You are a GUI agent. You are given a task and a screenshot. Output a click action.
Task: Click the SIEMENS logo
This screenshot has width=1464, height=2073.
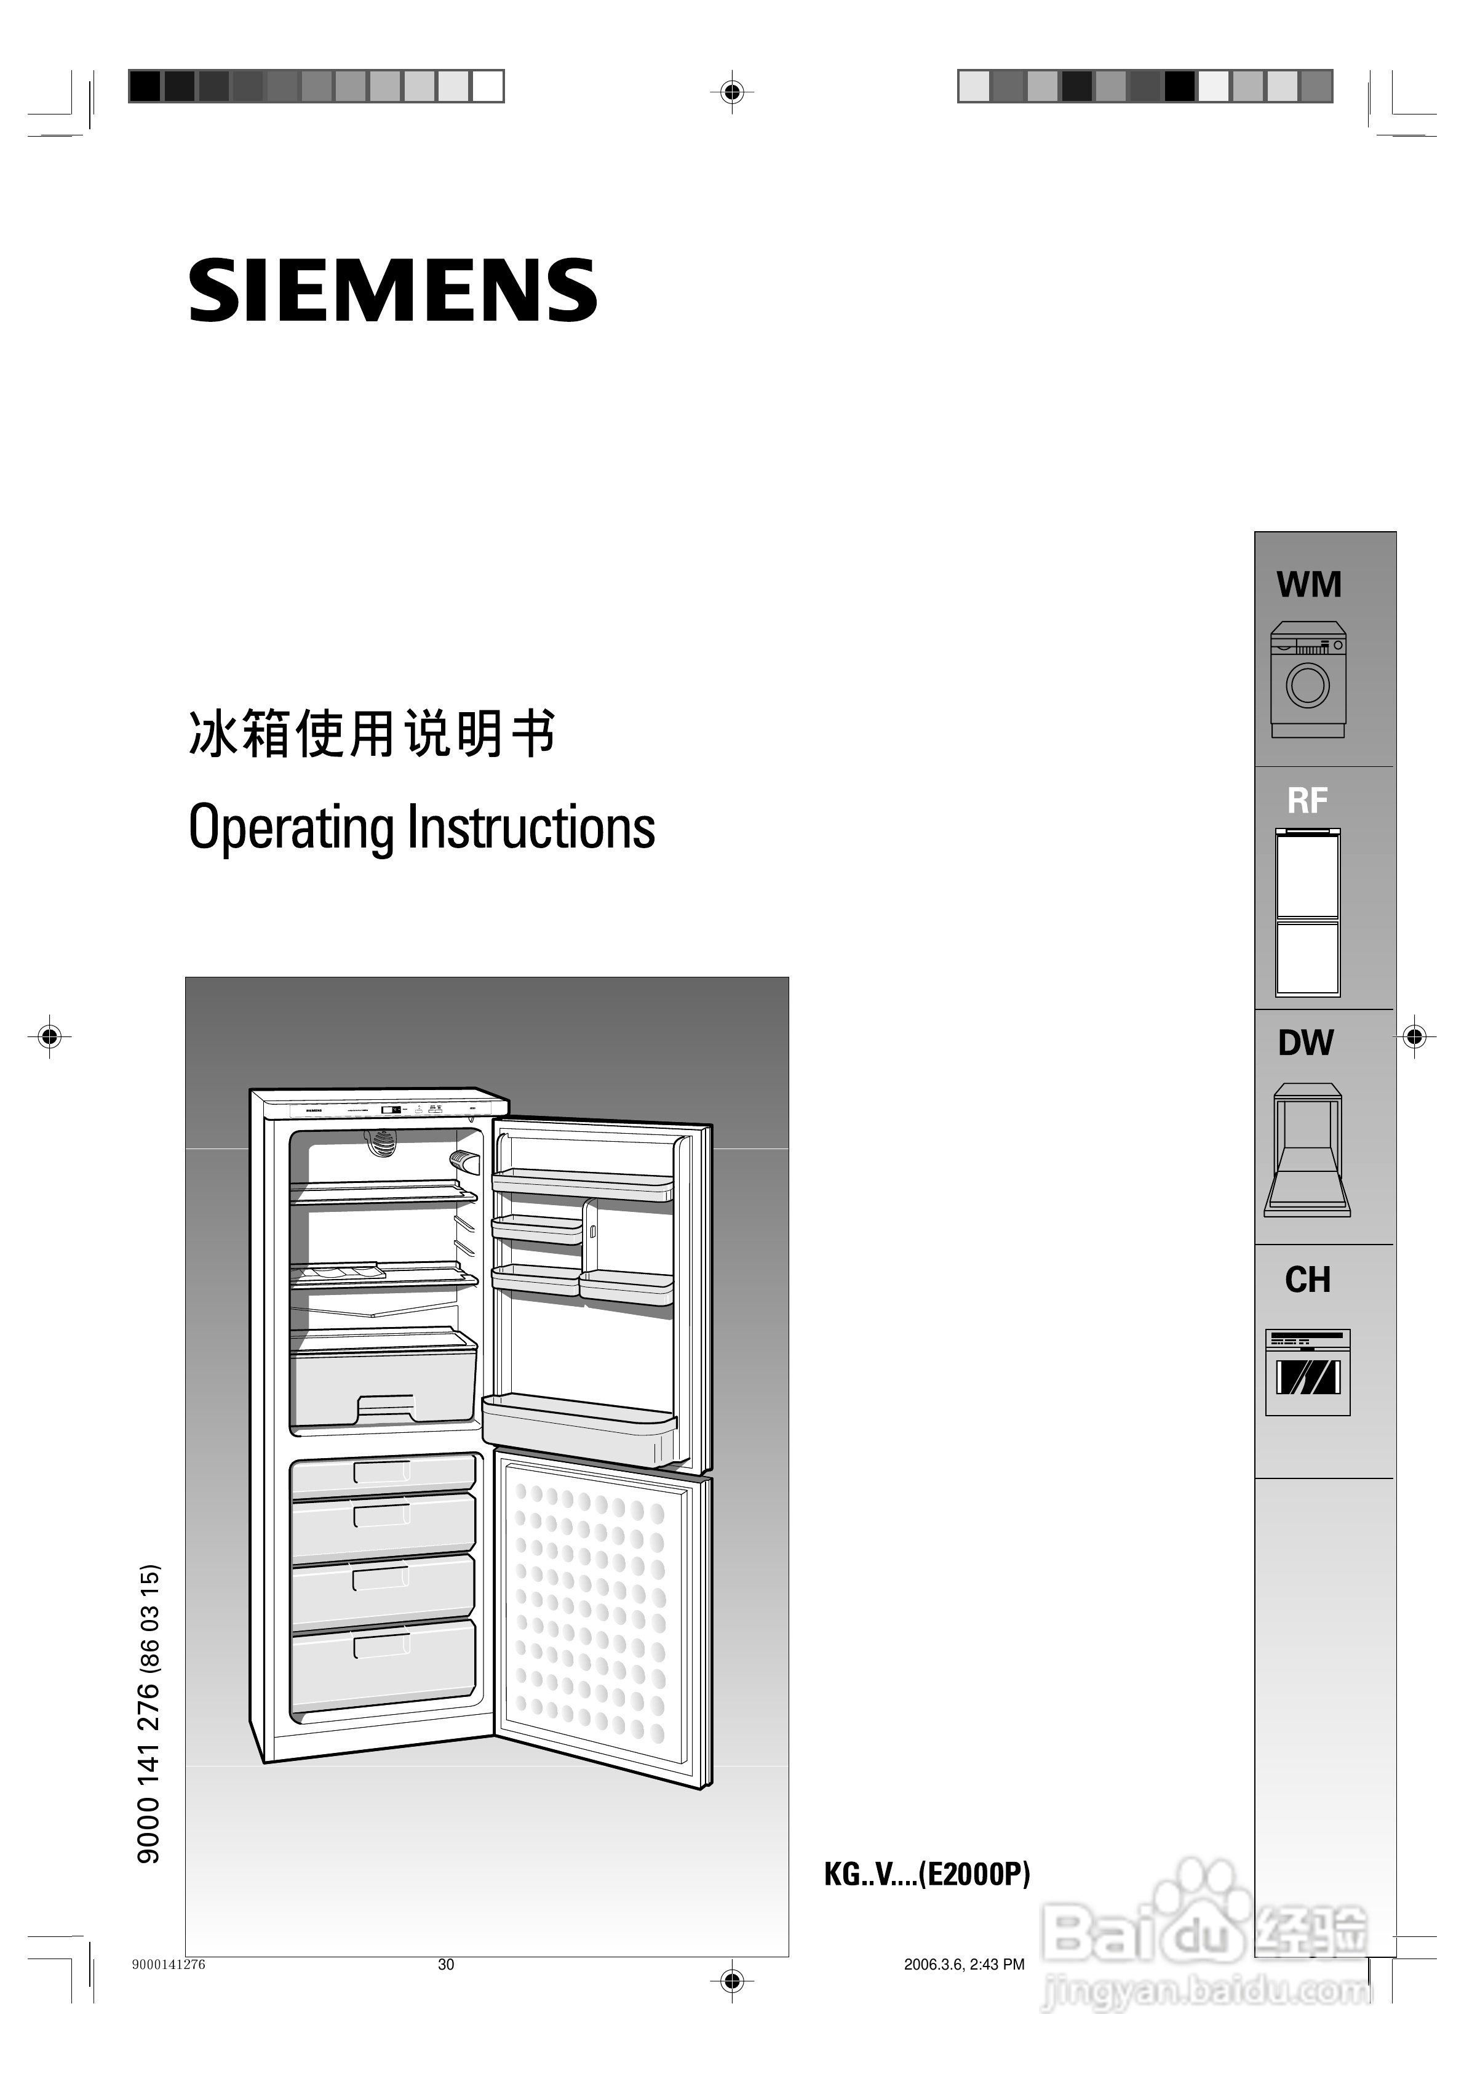(392, 290)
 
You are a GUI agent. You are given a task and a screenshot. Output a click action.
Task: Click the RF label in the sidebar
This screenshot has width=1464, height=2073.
(1307, 801)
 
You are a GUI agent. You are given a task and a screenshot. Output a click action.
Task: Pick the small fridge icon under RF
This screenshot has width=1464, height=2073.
(1307, 912)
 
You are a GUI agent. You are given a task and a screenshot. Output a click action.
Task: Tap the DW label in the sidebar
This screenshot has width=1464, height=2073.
(1305, 1043)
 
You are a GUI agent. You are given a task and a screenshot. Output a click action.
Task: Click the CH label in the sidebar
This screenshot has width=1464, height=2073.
(1307, 1280)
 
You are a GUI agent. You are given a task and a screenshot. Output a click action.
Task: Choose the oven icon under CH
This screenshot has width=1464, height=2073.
(1307, 1373)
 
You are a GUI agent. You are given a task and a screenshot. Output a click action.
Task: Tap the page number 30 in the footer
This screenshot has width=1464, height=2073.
(446, 1965)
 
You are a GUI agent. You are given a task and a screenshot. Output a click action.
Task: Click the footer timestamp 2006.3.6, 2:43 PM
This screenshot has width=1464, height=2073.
(964, 1965)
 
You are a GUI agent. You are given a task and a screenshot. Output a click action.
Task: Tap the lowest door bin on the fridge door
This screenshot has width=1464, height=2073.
(579, 1427)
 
